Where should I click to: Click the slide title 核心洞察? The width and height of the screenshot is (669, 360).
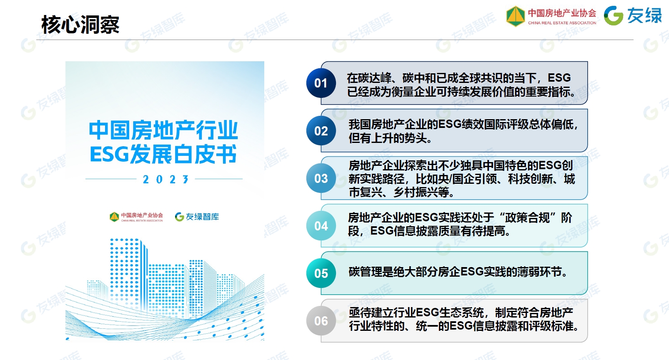pos(80,25)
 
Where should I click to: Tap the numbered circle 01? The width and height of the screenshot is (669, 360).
pos(321,83)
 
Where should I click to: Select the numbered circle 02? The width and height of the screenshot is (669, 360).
pos(321,131)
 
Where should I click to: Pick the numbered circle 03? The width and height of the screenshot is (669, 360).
pos(321,178)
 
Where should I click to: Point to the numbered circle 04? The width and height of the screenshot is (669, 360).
pos(321,226)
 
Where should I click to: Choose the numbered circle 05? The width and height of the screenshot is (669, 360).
pos(321,273)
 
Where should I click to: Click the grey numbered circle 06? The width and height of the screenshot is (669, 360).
pos(321,321)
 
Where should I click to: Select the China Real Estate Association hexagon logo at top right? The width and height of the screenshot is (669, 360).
pos(516,16)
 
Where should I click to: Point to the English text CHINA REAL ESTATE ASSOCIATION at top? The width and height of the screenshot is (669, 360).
pos(562,22)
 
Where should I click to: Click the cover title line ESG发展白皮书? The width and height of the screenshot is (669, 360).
pos(163,154)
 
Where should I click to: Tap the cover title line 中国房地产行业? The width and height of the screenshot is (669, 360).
pos(163,130)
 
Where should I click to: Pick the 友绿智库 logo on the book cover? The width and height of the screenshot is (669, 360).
pos(197,217)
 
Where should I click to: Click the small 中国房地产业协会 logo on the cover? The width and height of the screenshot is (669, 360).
pos(136,217)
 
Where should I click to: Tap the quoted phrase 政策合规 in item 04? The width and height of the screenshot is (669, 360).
pos(527,218)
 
